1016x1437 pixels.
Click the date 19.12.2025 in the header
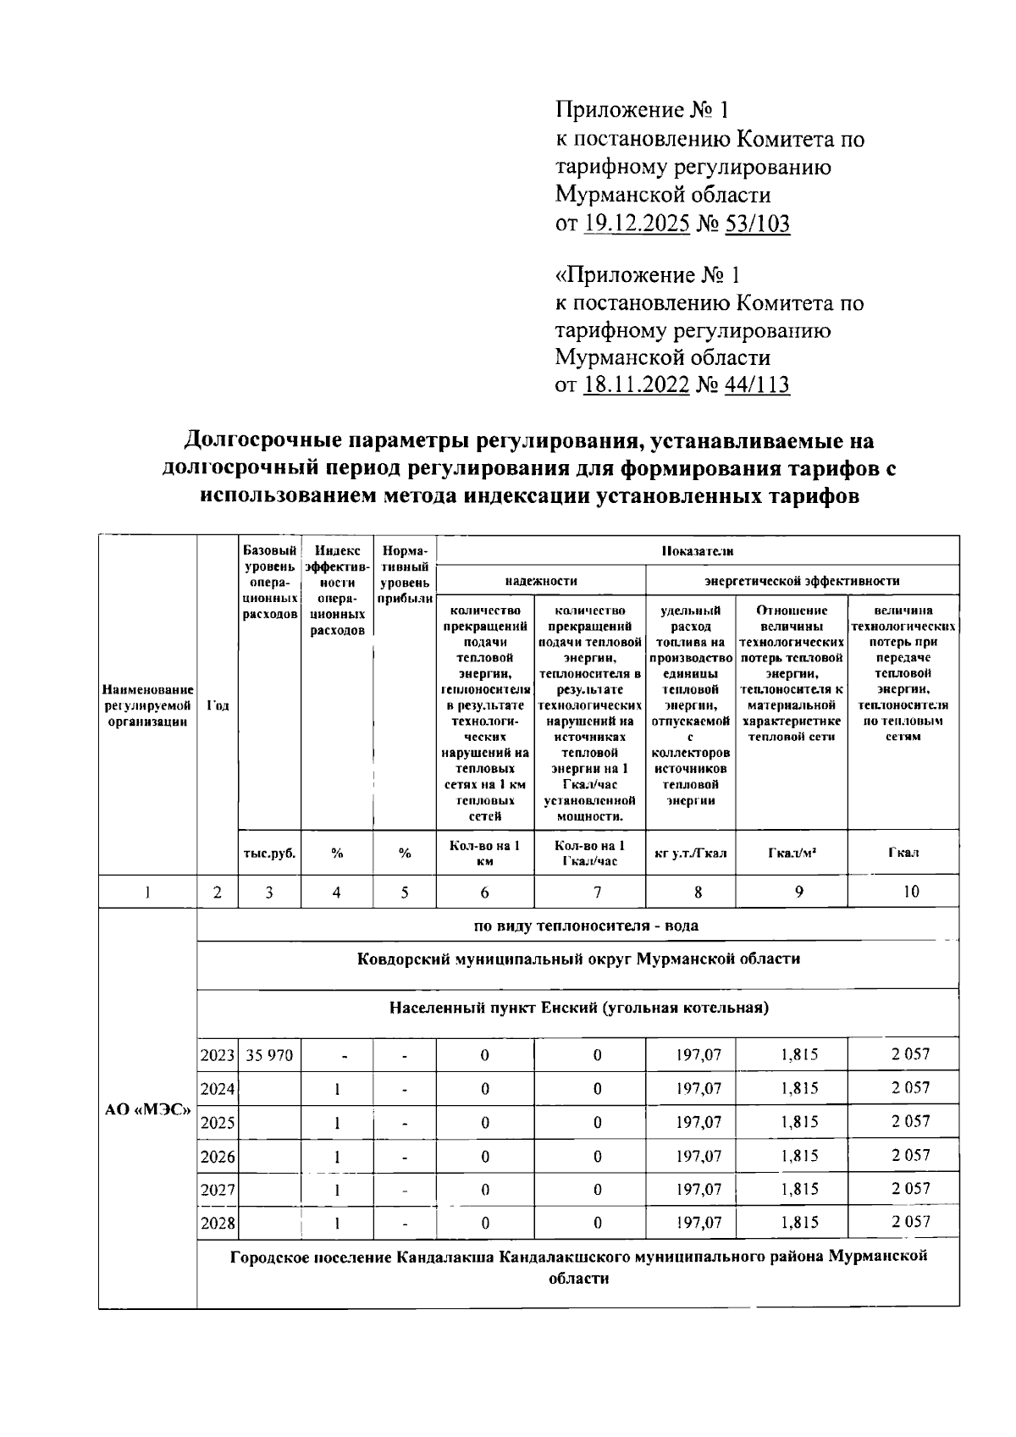tap(636, 224)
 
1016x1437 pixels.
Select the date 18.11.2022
tap(636, 385)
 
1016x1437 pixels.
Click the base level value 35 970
tap(269, 1055)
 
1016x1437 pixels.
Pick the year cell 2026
tap(218, 1157)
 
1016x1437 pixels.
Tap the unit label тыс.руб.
tap(269, 854)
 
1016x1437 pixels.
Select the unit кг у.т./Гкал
tap(690, 854)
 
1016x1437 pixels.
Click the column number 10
tap(911, 892)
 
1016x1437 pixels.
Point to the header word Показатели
tap(698, 551)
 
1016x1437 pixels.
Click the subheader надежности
tap(541, 581)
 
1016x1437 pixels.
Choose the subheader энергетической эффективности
tap(802, 581)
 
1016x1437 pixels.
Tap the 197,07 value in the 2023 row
tap(698, 1055)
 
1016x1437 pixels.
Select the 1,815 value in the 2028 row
tap(799, 1223)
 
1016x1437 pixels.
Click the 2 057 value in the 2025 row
tap(910, 1121)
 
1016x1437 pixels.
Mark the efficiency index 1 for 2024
tap(337, 1089)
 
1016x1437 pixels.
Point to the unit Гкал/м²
tap(792, 854)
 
